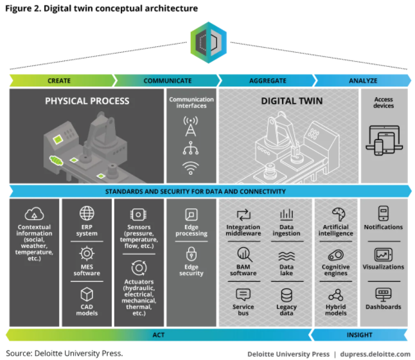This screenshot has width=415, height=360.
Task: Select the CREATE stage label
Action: [59, 81]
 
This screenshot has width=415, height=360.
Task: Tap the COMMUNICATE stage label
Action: [167, 81]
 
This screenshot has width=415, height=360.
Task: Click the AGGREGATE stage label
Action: [267, 81]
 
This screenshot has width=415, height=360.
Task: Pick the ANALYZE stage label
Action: [364, 81]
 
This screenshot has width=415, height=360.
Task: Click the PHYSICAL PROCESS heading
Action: [87, 101]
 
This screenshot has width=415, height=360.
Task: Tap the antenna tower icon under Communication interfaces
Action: [191, 127]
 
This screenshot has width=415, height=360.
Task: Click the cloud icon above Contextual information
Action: [34, 214]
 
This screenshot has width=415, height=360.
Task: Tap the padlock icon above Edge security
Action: [191, 254]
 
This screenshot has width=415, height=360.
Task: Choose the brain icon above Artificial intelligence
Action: [336, 214]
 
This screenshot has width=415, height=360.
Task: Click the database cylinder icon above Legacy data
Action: [287, 294]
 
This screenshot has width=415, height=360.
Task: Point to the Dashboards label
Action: [384, 307]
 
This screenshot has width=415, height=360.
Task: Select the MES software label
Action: [87, 270]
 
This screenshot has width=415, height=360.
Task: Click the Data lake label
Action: [287, 270]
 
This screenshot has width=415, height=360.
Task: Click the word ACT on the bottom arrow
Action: [158, 335]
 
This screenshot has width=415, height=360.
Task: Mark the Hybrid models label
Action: [336, 311]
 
